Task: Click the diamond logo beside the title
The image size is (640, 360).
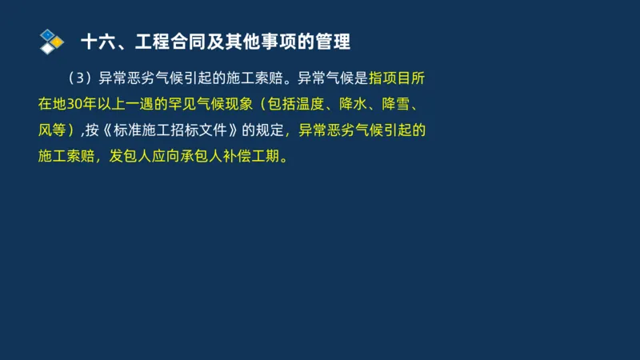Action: coord(52,41)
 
